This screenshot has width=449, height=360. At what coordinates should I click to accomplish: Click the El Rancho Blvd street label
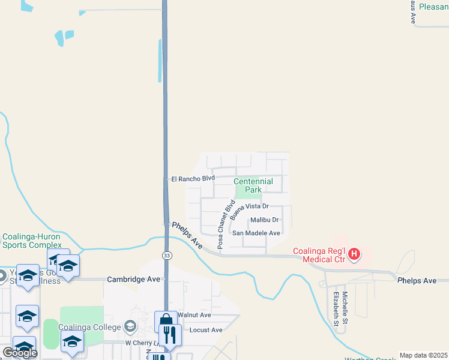tap(193, 178)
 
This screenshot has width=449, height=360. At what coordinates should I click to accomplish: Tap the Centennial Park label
tap(253, 185)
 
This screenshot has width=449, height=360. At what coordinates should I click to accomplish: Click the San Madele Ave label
tap(256, 233)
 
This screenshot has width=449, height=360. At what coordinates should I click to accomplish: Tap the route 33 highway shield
tap(166, 256)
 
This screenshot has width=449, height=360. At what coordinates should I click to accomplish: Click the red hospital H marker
tap(354, 254)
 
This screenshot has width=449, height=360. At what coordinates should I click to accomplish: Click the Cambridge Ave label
tap(133, 279)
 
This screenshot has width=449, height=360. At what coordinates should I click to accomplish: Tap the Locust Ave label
tap(205, 330)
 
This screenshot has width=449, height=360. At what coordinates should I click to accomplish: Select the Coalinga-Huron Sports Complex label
tap(32, 241)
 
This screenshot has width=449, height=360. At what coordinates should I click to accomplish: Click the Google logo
tap(20, 353)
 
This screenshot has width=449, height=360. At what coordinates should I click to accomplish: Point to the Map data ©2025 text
tap(423, 355)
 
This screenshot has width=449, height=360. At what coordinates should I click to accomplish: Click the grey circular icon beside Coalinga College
tap(130, 326)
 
